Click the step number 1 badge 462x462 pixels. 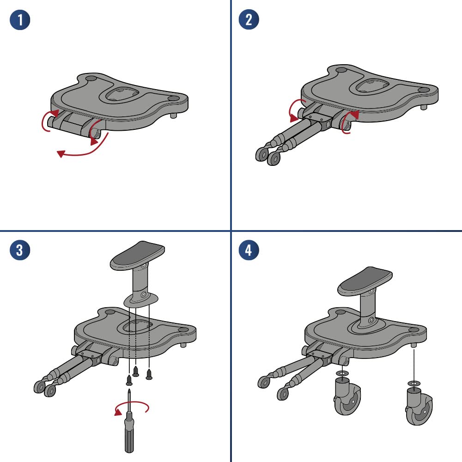(20, 20)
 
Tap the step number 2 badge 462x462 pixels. (249, 19)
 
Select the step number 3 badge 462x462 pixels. (20, 250)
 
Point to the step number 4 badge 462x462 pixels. (249, 250)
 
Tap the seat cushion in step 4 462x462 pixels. (365, 280)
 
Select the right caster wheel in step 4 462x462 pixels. (419, 406)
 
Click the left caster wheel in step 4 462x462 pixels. (347, 396)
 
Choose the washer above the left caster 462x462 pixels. (342, 373)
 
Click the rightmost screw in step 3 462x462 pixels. (149, 374)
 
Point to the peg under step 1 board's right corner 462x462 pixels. (174, 115)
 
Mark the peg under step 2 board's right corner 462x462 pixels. (424, 107)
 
